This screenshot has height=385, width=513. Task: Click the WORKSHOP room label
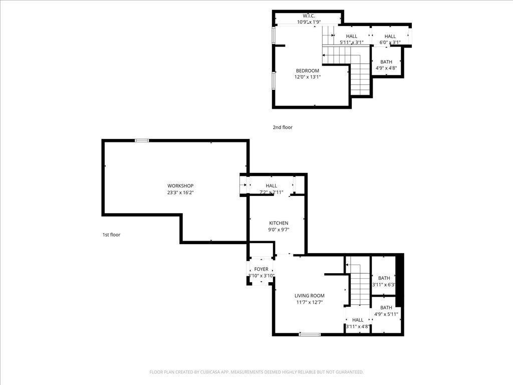tap(180, 186)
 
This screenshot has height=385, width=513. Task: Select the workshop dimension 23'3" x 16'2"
tap(180, 192)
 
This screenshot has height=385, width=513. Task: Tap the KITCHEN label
tap(279, 223)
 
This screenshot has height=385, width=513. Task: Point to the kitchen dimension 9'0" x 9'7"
tap(279, 230)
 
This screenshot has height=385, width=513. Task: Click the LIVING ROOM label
tap(309, 296)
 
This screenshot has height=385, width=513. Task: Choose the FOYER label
tap(261, 269)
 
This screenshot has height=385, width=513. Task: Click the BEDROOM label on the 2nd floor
tap(307, 71)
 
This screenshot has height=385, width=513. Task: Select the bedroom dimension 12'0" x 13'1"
tap(307, 77)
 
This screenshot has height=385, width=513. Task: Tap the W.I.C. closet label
tap(308, 16)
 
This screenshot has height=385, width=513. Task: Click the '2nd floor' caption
tap(283, 127)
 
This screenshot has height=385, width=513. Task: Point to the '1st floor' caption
tap(111, 235)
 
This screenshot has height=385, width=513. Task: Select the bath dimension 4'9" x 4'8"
tap(386, 68)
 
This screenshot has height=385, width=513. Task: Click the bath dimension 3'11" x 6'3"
tap(384, 285)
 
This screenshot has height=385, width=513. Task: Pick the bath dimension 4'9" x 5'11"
tap(386, 314)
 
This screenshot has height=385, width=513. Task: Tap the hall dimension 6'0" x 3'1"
tap(390, 43)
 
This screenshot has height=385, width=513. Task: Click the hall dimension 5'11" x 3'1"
tap(351, 43)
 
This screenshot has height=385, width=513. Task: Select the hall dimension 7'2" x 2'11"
tap(271, 192)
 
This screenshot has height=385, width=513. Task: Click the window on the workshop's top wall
tap(142, 141)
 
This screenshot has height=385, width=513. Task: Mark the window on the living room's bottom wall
tap(310, 334)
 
